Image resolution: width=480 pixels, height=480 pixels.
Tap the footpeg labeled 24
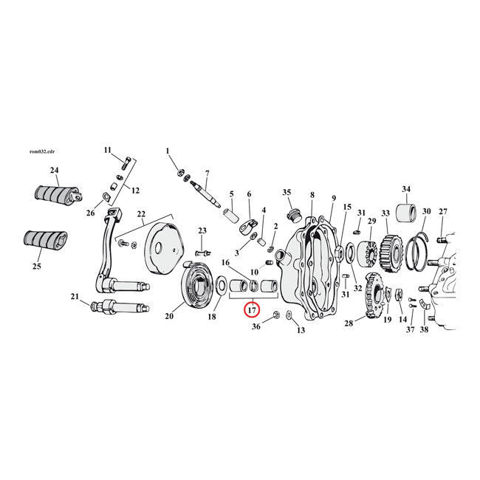(x=55, y=197)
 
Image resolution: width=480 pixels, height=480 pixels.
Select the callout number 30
(x=426, y=211)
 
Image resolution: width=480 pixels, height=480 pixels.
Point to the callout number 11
(x=107, y=150)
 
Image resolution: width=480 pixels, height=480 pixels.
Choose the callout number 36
(x=256, y=326)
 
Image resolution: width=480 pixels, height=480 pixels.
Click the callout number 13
(x=301, y=330)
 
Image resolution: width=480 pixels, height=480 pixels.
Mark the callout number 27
(x=443, y=211)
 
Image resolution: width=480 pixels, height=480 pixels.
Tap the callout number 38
(x=424, y=329)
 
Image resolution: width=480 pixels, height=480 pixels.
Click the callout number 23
(x=202, y=230)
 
